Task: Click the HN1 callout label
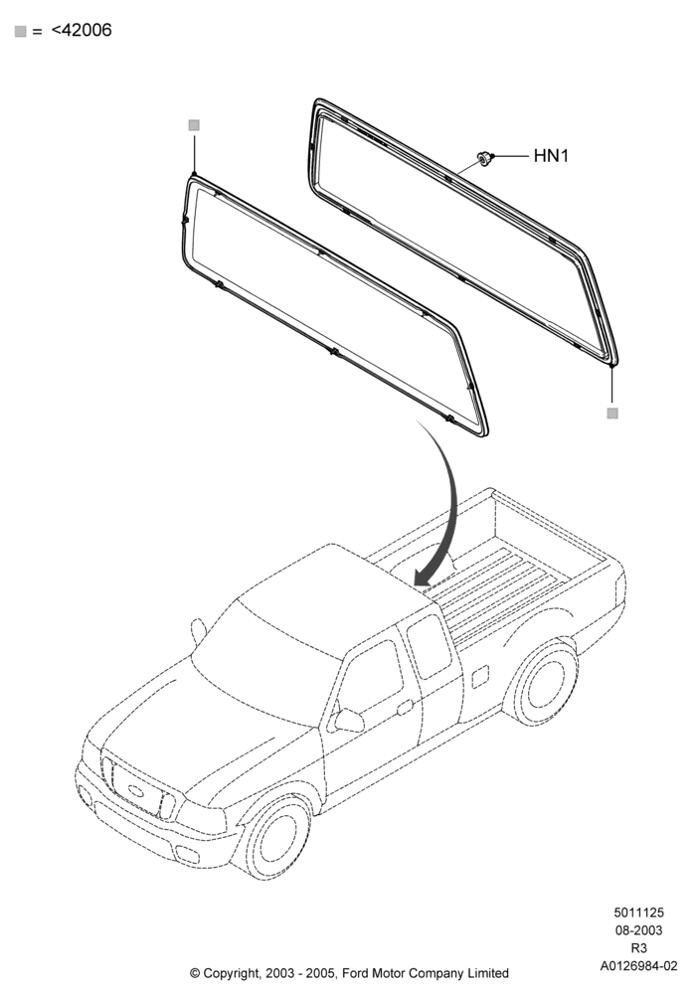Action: click(551, 155)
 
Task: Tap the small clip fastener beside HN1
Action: click(485, 158)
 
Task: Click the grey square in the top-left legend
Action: click(20, 31)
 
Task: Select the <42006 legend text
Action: click(82, 30)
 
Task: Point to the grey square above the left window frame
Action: click(194, 125)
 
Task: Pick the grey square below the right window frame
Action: click(612, 414)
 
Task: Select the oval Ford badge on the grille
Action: click(135, 790)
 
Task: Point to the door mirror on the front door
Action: click(348, 720)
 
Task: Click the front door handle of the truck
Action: click(405, 706)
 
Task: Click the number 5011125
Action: click(638, 912)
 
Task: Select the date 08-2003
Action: click(638, 930)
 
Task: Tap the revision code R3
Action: click(638, 947)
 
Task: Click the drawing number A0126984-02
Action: click(638, 965)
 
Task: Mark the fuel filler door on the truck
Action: click(480, 676)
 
